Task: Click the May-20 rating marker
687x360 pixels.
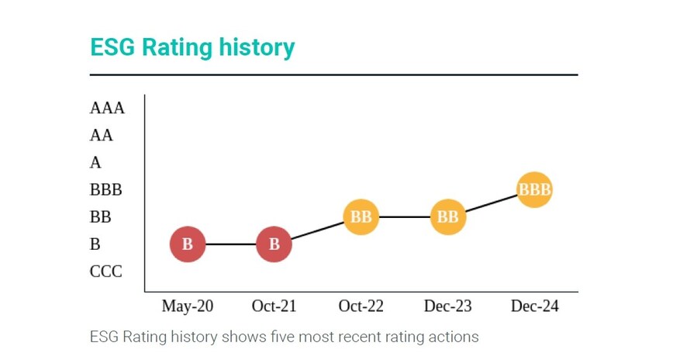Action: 188,244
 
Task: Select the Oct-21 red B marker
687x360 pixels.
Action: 274,244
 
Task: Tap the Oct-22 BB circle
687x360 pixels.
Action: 361,217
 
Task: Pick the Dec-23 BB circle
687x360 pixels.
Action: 447,217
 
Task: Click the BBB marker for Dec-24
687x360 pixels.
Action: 534,189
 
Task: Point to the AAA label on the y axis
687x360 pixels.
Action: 107,108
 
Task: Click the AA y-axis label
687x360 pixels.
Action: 102,135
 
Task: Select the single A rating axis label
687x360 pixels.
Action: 95,162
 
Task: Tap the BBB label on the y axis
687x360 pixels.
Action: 106,190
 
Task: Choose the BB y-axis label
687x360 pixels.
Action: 101,217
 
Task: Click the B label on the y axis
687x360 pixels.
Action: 95,244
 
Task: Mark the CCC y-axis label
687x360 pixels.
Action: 106,272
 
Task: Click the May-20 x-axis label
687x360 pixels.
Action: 188,306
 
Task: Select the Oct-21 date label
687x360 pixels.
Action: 274,306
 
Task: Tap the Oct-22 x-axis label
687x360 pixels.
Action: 361,306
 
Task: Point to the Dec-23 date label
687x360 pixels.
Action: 447,306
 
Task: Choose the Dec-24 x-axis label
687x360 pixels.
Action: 534,306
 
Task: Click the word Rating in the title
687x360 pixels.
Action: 171,47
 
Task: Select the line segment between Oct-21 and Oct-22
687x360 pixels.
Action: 317,230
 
